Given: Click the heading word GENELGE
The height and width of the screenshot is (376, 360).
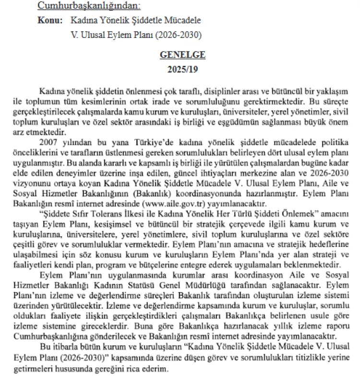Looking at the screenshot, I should click(x=182, y=55).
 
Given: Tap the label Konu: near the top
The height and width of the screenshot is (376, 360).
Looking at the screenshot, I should click(x=49, y=21).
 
